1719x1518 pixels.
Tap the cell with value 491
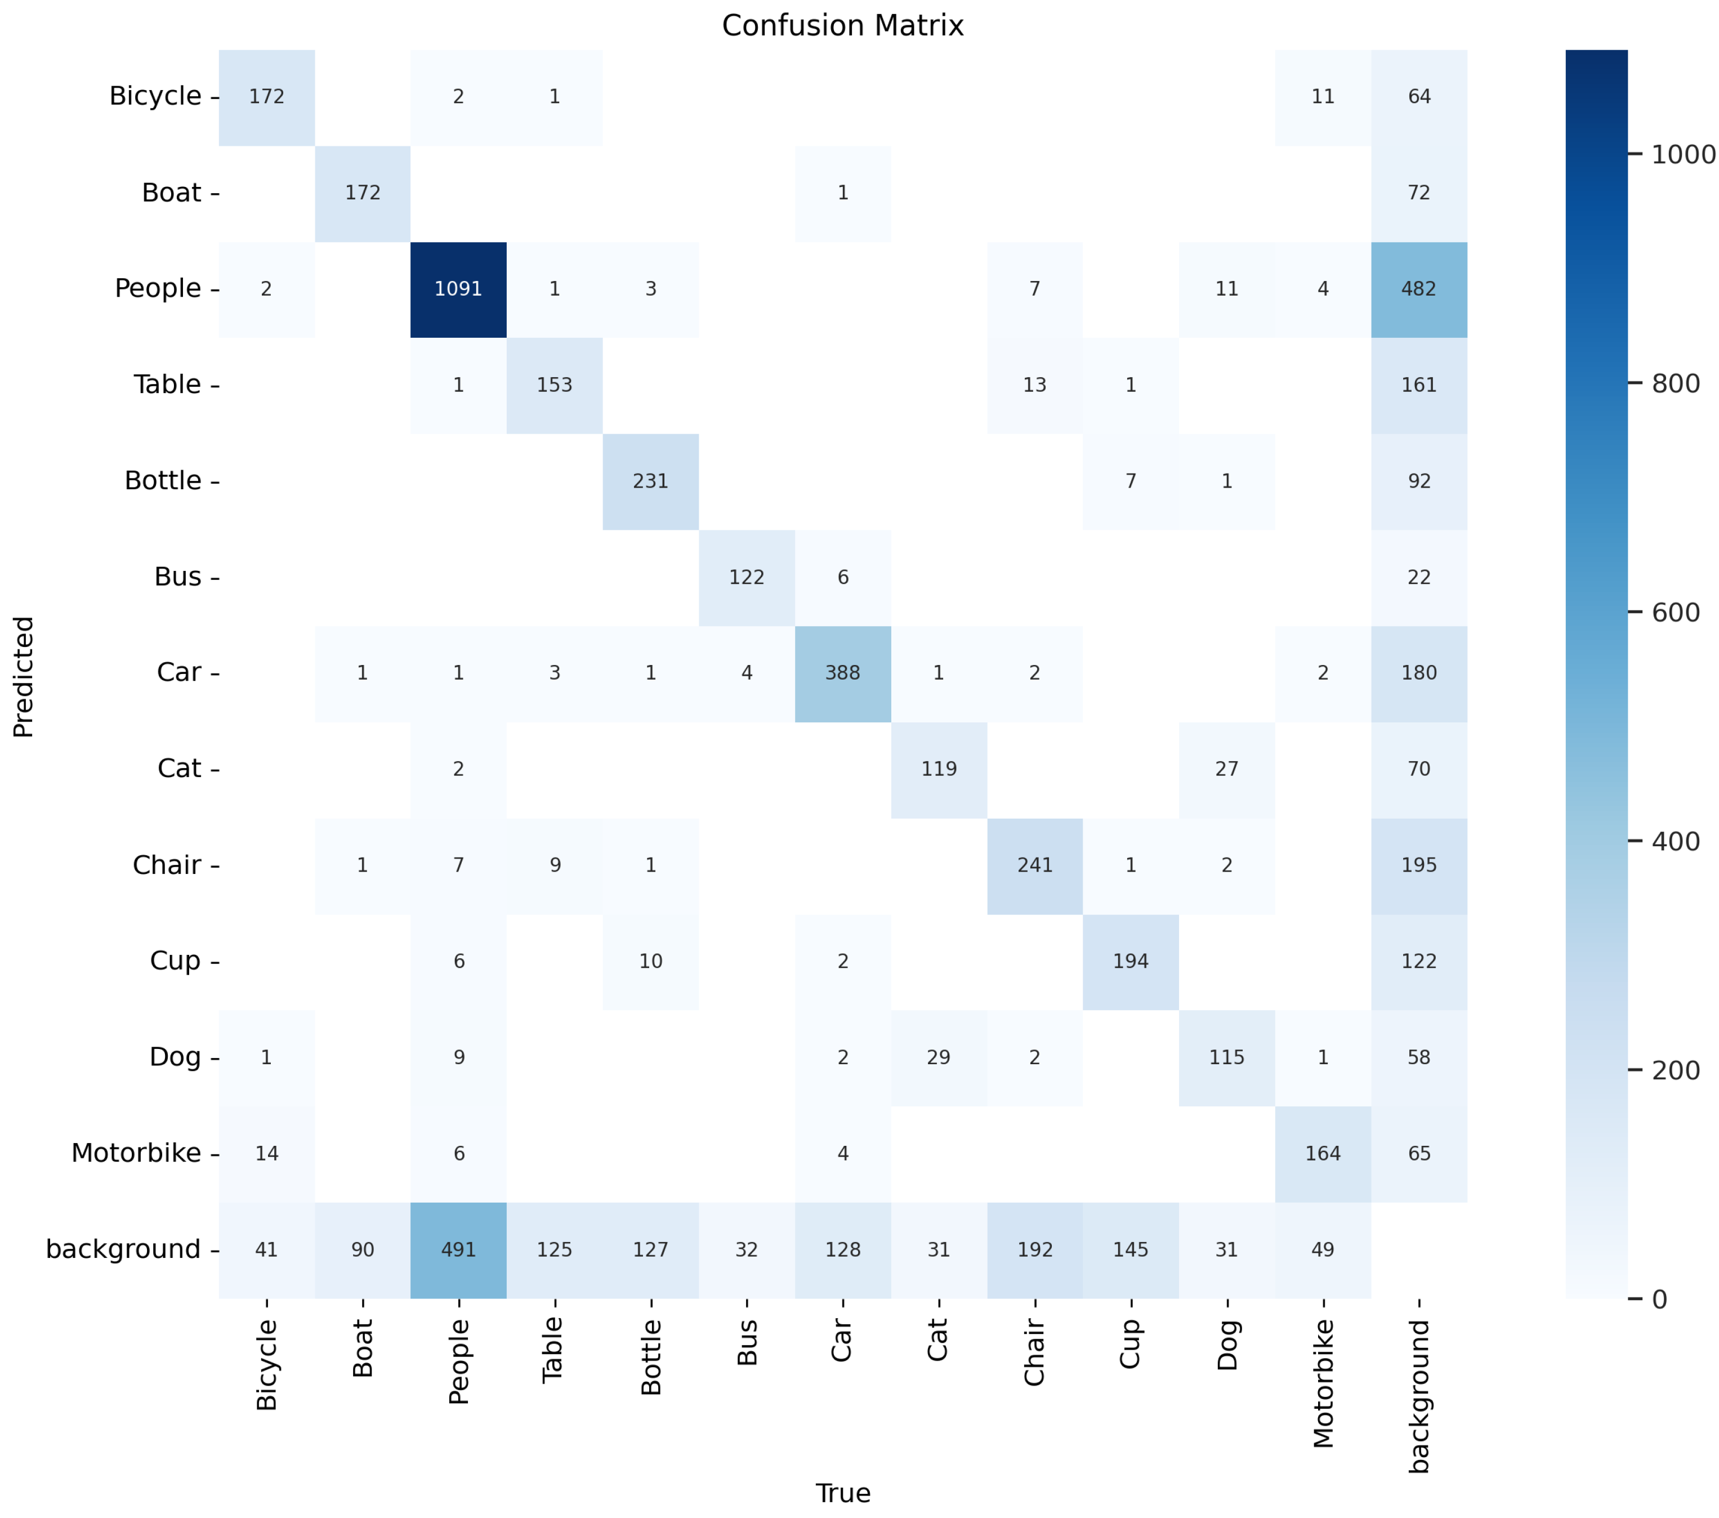pyautogui.click(x=458, y=1250)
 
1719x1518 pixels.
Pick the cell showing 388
pyautogui.click(x=843, y=673)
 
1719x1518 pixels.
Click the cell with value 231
pyautogui.click(x=650, y=481)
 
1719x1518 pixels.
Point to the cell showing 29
pyautogui.click(x=939, y=1057)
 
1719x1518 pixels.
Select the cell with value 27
pyautogui.click(x=1226, y=769)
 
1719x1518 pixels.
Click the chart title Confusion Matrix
pyautogui.click(x=843, y=26)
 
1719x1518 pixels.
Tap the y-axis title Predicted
pyautogui.click(x=24, y=677)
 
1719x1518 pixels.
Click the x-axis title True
pyautogui.click(x=843, y=1493)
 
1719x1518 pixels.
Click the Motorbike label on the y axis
pyautogui.click(x=136, y=1153)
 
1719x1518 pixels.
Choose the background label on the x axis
pyautogui.click(x=1419, y=1396)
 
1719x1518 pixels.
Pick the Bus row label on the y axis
pyautogui.click(x=177, y=577)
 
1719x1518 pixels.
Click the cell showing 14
pyautogui.click(x=266, y=1153)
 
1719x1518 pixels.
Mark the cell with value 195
pyautogui.click(x=1419, y=865)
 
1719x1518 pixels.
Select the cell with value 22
pyautogui.click(x=1419, y=577)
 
